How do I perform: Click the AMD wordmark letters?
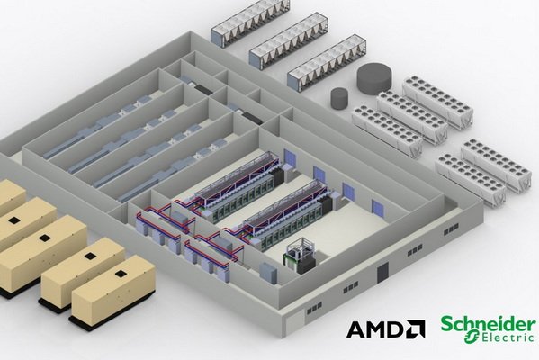[374, 329]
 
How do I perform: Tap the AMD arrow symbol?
[416, 329]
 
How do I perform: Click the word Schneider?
[488, 324]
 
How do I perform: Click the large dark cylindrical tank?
[374, 78]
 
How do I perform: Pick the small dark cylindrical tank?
[339, 97]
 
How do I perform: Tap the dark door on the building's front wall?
[382, 273]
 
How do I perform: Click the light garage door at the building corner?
[295, 320]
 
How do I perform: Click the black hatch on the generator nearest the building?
[121, 274]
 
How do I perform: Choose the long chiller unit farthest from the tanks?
[250, 23]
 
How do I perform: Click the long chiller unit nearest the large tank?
[327, 63]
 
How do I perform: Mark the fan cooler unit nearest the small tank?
[387, 131]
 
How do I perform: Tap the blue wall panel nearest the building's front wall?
[377, 208]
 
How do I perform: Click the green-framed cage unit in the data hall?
[299, 255]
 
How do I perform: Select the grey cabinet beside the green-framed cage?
[268, 274]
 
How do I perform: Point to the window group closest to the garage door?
[314, 308]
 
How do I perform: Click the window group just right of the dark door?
[415, 251]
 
